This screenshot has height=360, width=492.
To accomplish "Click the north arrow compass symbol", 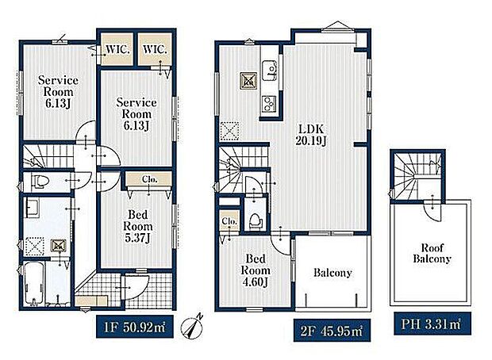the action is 192,327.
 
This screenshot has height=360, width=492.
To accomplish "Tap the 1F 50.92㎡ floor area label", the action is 135,327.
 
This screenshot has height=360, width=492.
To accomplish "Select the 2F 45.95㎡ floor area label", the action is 332,331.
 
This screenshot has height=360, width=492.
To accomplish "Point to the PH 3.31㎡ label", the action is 432,324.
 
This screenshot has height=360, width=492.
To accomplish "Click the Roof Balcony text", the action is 432,253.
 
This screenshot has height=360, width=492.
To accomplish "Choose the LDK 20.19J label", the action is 310,135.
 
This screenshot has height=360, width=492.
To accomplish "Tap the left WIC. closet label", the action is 117,49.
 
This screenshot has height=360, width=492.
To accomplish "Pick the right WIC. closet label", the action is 155,49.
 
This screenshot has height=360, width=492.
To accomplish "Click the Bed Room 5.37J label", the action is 138,227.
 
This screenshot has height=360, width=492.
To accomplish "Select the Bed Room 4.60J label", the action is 256,270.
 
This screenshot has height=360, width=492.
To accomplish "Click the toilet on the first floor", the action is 40,182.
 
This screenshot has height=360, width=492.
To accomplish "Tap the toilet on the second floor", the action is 255,220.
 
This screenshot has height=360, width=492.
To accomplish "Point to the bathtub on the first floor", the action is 34,284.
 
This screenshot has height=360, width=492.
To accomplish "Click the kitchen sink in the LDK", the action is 270,71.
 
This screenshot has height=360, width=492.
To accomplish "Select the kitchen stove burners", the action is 270,104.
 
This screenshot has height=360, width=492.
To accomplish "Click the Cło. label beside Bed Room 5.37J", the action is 149,179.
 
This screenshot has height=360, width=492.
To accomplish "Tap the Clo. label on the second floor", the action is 229,221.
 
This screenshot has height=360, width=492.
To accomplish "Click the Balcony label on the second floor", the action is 332,273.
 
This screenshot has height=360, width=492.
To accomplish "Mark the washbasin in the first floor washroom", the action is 32,208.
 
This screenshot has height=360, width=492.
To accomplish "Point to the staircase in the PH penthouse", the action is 417,176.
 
